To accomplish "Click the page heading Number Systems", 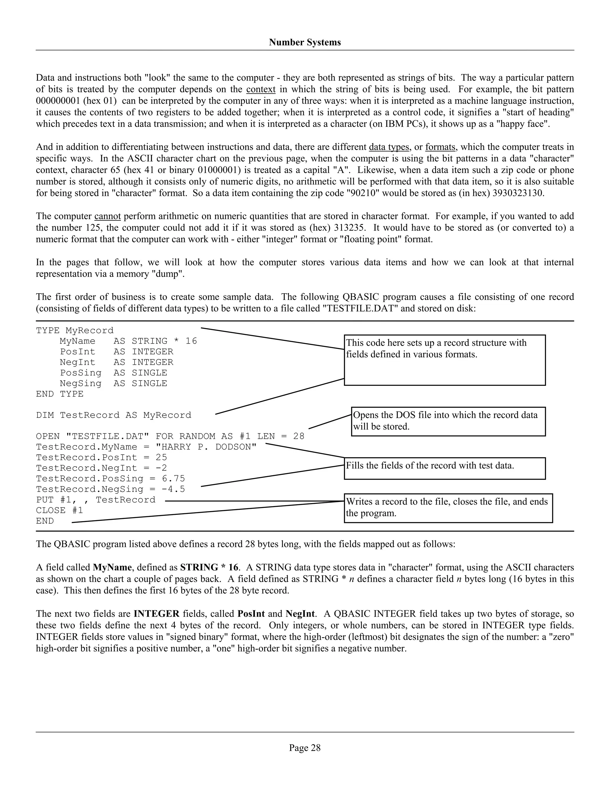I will tap(305, 42).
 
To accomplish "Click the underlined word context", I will tap(261, 89).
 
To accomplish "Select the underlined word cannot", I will tap(107, 216).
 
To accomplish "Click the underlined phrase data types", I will tap(389, 147).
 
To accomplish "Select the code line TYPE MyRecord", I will tap(75, 330).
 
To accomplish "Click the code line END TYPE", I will tap(60, 394).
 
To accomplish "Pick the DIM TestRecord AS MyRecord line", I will tap(113, 415).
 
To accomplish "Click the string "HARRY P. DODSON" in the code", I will tap(206, 447).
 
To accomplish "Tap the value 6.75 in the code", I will tap(173, 479).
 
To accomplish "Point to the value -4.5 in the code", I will tap(173, 489).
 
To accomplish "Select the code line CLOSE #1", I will tap(60, 510).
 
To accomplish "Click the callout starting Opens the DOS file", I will tap(448, 421).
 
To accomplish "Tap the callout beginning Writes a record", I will tap(448, 508).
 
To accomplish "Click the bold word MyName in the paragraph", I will tap(112, 567).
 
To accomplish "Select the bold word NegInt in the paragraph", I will tap(300, 614).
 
